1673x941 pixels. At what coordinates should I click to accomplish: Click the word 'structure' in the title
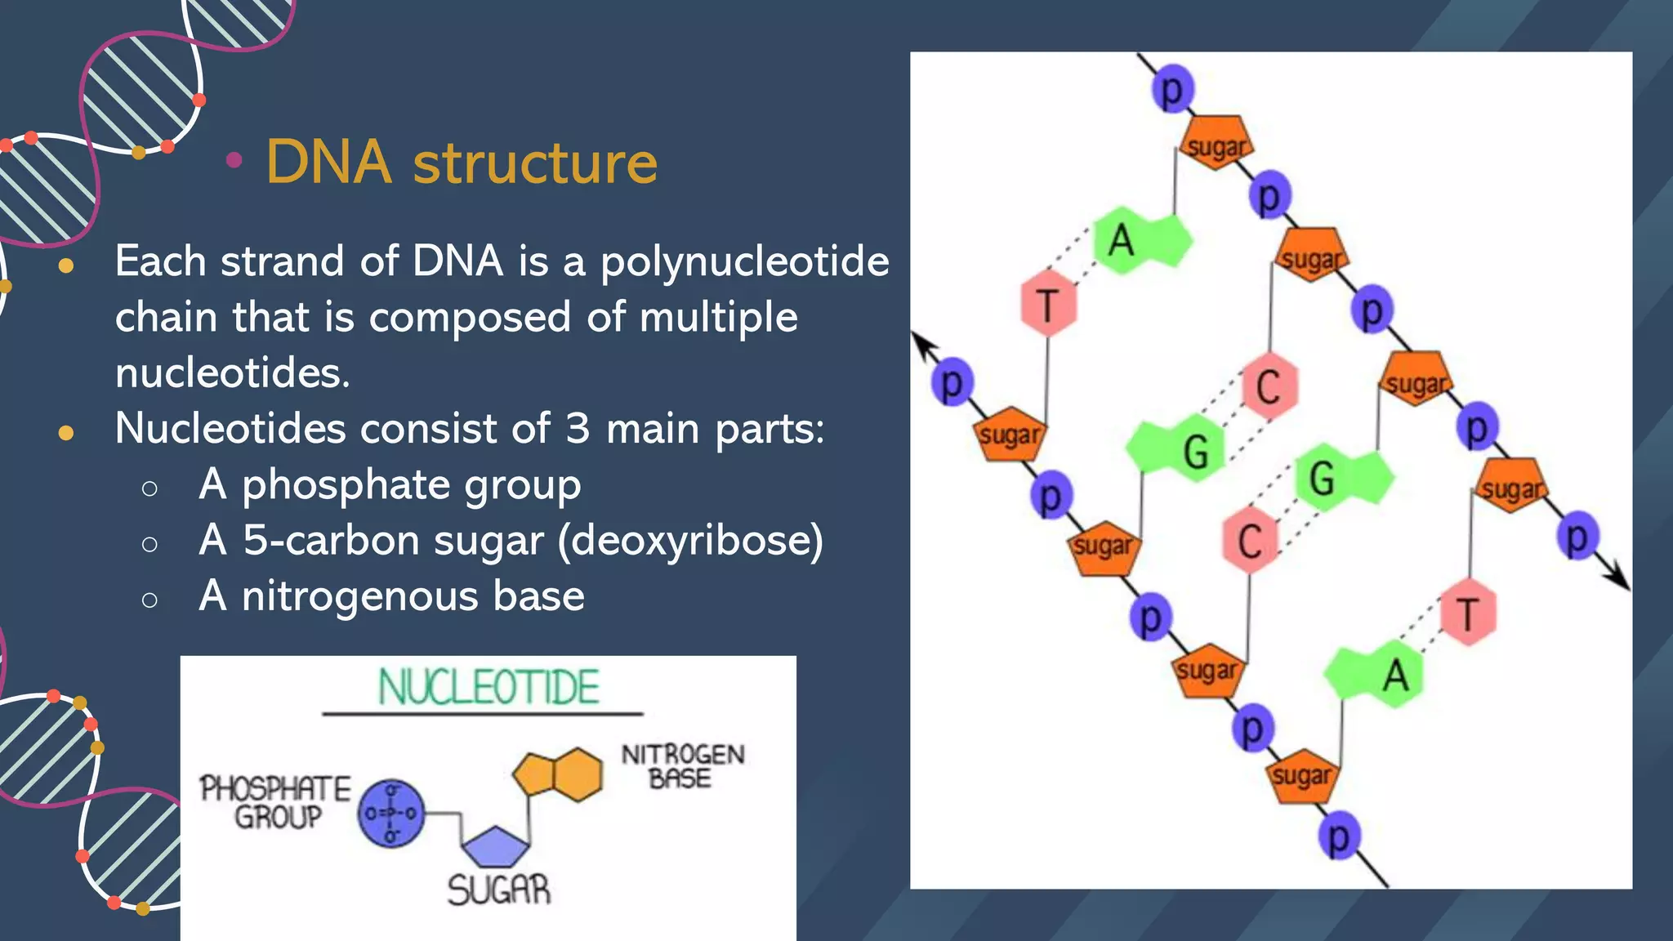(535, 163)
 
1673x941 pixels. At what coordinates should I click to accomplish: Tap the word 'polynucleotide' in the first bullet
(744, 262)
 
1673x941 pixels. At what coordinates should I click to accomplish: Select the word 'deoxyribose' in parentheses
(690, 541)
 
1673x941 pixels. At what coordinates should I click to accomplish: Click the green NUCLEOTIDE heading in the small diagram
(489, 687)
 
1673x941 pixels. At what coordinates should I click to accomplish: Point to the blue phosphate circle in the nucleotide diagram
(391, 813)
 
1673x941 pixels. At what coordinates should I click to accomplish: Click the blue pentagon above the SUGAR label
(496, 847)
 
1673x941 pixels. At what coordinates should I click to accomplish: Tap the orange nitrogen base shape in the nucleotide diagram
(559, 774)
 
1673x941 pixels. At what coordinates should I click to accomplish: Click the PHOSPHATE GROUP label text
(275, 802)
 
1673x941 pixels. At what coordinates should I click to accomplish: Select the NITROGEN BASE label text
(682, 766)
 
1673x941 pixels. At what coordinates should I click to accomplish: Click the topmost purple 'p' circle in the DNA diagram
(1173, 89)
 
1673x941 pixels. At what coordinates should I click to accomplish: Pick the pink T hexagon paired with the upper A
(1049, 304)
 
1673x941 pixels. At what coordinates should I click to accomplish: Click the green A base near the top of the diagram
(1137, 241)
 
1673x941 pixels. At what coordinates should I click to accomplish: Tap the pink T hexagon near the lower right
(1468, 613)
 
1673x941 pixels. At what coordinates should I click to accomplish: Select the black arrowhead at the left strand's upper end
(921, 343)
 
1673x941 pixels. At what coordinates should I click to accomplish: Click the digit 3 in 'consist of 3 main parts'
(577, 429)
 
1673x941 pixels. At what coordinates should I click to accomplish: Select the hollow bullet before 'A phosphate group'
(149, 488)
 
